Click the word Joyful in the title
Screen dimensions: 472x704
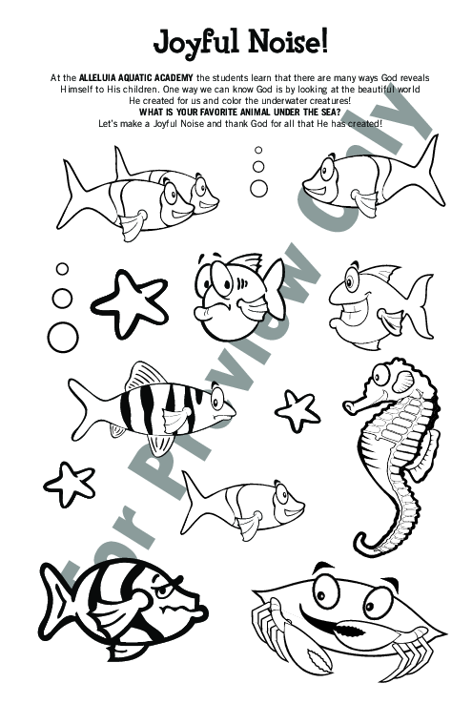click(x=197, y=44)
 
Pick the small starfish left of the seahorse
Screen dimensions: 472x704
click(x=297, y=410)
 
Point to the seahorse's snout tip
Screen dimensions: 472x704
click(x=347, y=405)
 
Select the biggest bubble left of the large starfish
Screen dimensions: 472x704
click(x=63, y=337)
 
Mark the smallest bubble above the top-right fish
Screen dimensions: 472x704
click(x=258, y=150)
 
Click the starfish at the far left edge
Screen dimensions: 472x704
click(x=70, y=484)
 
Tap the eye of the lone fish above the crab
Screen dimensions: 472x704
click(x=281, y=494)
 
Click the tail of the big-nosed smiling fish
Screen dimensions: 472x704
click(x=420, y=305)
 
